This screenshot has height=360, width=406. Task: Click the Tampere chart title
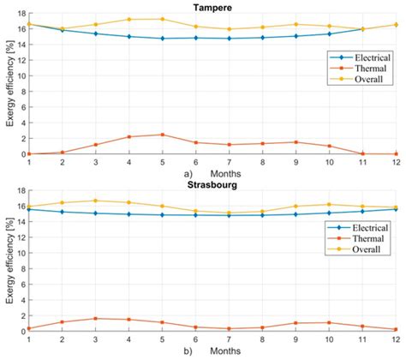pyautogui.click(x=215, y=6)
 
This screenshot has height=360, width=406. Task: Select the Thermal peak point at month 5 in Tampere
pyautogui.click(x=162, y=135)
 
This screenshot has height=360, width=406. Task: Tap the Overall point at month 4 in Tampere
pyautogui.click(x=128, y=19)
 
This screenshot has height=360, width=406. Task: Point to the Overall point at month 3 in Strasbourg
pyautogui.click(x=95, y=201)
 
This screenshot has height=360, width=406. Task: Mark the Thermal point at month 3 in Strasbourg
pyautogui.click(x=95, y=319)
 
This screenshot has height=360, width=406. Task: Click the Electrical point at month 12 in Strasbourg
pyautogui.click(x=396, y=209)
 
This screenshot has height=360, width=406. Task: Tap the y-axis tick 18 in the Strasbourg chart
pyautogui.click(x=21, y=191)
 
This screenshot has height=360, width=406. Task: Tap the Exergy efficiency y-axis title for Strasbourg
pyautogui.click(x=8, y=261)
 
